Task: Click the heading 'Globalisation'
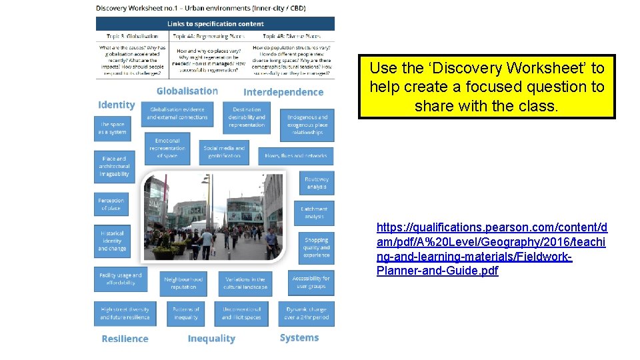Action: click(187, 91)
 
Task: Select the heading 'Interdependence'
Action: click(283, 92)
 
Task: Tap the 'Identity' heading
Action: click(116, 105)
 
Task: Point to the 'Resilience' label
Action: click(125, 339)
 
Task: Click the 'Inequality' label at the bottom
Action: click(211, 339)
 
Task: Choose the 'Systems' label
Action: click(299, 338)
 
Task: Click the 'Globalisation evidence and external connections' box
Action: click(178, 113)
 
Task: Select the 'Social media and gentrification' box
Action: click(224, 151)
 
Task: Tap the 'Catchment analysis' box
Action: click(314, 213)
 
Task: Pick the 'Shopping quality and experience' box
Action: click(316, 247)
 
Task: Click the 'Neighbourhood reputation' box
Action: click(183, 283)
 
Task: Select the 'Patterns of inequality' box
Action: click(186, 313)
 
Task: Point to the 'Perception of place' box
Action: click(111, 205)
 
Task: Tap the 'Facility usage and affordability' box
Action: click(121, 279)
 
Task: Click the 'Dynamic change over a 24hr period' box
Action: click(307, 313)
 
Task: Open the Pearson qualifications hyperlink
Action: click(491, 249)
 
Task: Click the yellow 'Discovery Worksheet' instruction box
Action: click(487, 87)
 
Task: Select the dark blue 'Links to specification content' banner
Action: click(215, 24)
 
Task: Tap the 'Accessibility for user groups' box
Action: click(311, 282)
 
